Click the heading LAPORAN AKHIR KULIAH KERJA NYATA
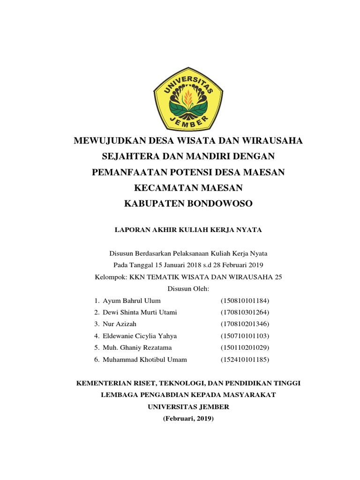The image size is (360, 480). coord(188,230)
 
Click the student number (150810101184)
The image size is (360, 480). coord(245,300)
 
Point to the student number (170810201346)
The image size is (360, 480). coord(245,324)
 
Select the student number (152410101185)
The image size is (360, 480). coord(245,360)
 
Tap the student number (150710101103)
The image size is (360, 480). coord(245,336)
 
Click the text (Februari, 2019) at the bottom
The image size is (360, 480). coord(188,419)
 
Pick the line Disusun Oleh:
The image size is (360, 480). coord(188,289)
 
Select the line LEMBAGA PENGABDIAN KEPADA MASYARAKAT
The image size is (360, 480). coord(188,395)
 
